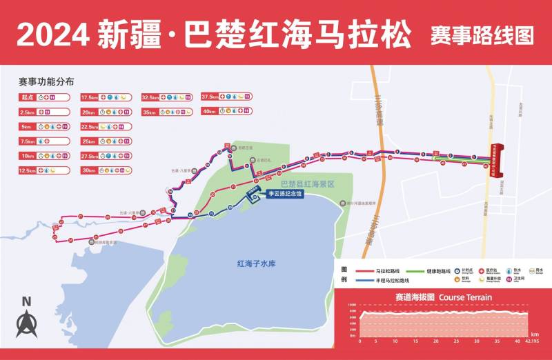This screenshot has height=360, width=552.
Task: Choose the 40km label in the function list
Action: coord(209,112)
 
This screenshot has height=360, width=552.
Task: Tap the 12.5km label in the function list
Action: coord(28,170)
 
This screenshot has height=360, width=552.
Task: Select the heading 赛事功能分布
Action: coord(46,81)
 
